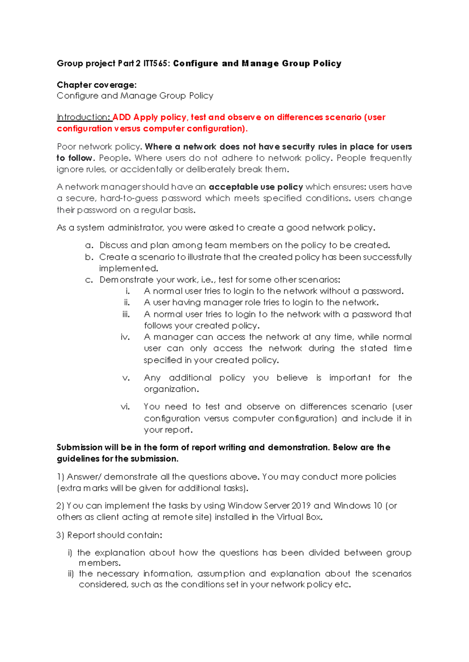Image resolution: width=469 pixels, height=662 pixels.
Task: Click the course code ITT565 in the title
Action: (x=156, y=64)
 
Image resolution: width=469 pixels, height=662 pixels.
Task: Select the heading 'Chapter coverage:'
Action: (x=97, y=85)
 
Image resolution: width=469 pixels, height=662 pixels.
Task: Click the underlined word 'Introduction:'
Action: (x=84, y=117)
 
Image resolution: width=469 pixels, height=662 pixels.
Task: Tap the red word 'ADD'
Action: (x=122, y=117)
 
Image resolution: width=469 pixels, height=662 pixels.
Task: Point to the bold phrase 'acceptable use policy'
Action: (x=256, y=187)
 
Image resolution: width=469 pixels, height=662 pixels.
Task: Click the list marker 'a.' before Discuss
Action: (x=90, y=246)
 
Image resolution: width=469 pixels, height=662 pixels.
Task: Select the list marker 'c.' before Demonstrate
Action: (x=89, y=280)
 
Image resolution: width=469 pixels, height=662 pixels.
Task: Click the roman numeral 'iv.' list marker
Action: (x=125, y=337)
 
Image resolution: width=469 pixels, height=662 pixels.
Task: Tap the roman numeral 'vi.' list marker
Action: (x=125, y=407)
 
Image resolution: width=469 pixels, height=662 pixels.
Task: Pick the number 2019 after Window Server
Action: (x=301, y=506)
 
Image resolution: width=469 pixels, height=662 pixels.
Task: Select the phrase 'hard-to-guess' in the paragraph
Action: (x=129, y=198)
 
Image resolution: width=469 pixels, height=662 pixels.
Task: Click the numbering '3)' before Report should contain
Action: (x=60, y=535)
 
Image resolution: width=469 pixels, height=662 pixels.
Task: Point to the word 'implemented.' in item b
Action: (x=129, y=269)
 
